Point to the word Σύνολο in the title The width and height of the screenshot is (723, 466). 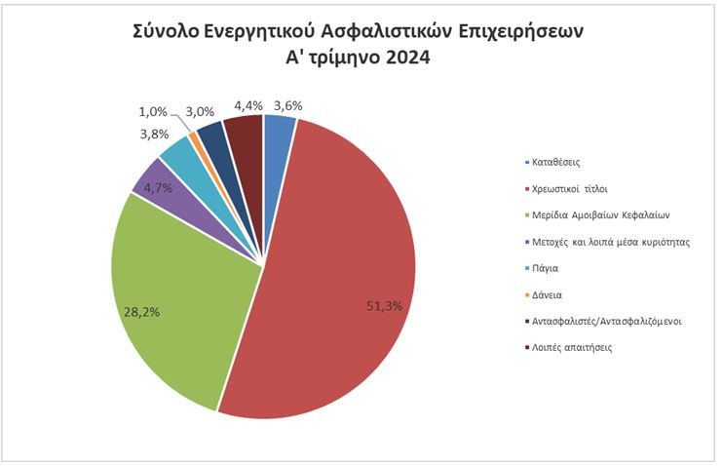167,30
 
